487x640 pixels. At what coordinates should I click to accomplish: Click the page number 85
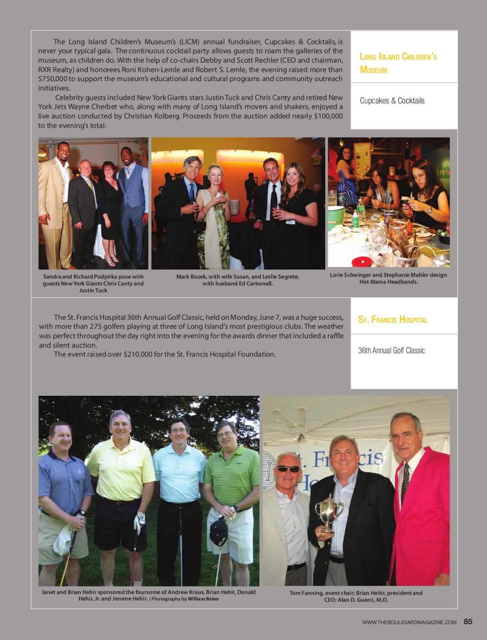pos(468,622)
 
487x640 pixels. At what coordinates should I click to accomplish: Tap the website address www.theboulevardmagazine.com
pos(409,622)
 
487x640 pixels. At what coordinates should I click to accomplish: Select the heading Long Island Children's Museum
pos(398,63)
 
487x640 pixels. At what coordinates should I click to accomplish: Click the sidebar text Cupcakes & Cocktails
pos(392,101)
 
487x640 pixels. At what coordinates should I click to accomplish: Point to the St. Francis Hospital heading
pos(393,320)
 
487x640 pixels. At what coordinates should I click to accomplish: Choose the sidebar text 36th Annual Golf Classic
pos(391,351)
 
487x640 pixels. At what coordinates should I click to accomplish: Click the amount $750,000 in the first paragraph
pos(54,79)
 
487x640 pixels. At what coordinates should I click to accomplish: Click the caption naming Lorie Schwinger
pos(388,278)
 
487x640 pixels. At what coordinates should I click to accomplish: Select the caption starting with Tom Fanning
pos(356,596)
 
